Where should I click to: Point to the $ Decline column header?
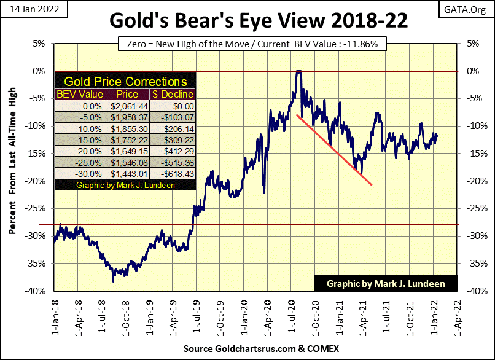tap(173, 94)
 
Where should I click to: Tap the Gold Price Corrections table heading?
tap(126, 81)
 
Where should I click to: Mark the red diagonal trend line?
tap(335, 149)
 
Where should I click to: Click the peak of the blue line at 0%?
tap(298, 72)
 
